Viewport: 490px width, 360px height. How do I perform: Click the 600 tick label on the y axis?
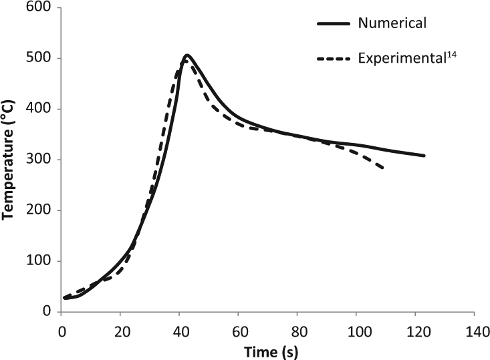pos(38,7)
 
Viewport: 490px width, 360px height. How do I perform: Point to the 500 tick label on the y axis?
pos(38,58)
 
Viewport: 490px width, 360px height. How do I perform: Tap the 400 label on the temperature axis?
pos(38,109)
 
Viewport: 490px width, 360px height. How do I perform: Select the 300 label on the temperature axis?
pos(38,159)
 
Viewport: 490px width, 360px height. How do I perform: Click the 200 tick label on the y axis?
pos(38,210)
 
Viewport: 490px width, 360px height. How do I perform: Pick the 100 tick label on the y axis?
pos(38,260)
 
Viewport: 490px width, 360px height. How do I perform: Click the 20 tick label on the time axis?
pos(120,332)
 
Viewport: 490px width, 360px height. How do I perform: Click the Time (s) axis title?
pos(271,352)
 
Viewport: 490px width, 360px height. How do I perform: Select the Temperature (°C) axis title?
pos(8,160)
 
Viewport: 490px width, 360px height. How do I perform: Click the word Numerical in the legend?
pos(392,23)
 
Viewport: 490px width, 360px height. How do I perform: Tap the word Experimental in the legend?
pos(401,58)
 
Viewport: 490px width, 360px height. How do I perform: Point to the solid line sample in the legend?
pos(334,24)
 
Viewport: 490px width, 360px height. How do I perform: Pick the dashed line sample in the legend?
pos(334,59)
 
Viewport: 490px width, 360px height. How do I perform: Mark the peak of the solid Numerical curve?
pos(187,55)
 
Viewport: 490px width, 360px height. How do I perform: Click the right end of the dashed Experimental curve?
pos(383,168)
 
